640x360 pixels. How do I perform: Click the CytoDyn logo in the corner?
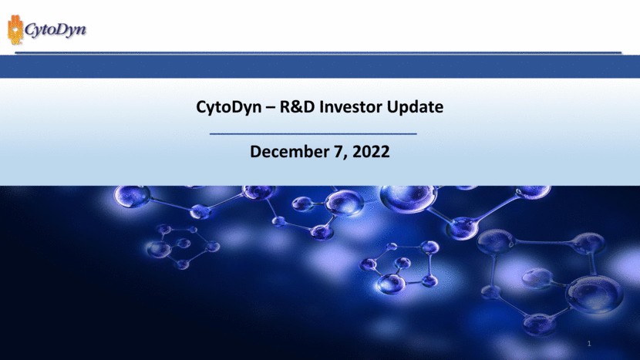pyautogui.click(x=47, y=30)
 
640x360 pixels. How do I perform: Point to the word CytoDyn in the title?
pyautogui.click(x=225, y=107)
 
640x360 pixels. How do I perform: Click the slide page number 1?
pyautogui.click(x=588, y=342)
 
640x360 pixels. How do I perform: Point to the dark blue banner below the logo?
pyautogui.click(x=320, y=66)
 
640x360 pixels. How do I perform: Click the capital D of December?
pyautogui.click(x=256, y=152)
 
